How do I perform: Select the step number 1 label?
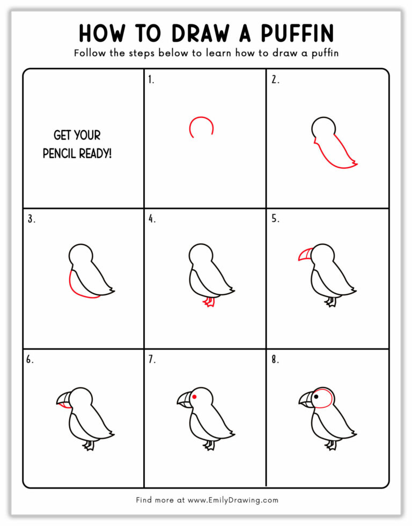coord(151,80)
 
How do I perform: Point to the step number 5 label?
coord(275,219)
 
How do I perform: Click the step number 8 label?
coord(275,359)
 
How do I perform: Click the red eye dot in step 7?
coord(195,397)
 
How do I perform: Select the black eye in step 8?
coord(317,397)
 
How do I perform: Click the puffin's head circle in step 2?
coord(323,128)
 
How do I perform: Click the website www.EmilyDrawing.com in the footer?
coord(232,500)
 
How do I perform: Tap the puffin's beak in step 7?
coord(184,399)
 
